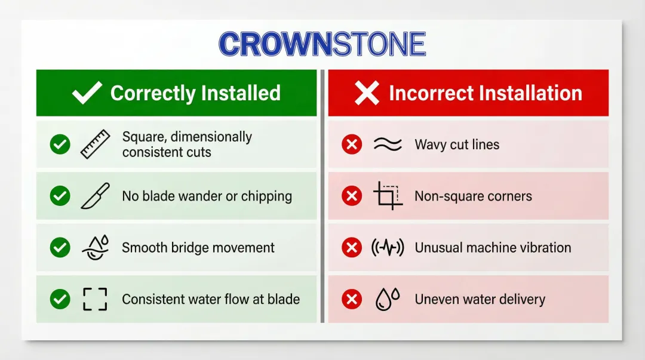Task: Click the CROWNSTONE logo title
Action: coord(322,44)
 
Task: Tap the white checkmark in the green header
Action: coord(87,93)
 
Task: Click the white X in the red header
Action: coord(367,93)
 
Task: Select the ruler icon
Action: coord(95,144)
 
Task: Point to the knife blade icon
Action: coord(95,196)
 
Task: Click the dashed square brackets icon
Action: coord(95,299)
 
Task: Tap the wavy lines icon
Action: coord(388,144)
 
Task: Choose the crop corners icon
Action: coord(388,196)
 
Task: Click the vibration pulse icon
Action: coord(388,248)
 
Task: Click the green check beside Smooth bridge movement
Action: coord(60,248)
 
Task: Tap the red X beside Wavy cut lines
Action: coord(352,144)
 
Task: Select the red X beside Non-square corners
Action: coord(352,196)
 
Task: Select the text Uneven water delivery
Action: coord(480,299)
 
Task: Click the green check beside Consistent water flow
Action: coord(60,299)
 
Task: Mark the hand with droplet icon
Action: coord(95,248)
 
